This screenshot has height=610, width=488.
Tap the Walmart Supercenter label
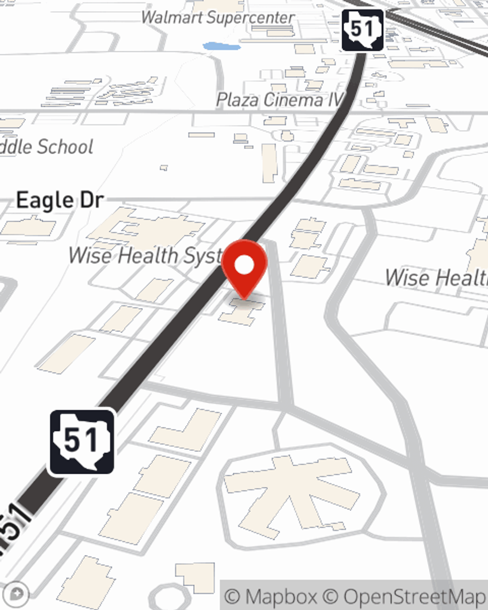tap(218, 18)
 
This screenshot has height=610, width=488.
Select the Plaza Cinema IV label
tap(279, 100)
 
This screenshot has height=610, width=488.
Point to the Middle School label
tap(47, 146)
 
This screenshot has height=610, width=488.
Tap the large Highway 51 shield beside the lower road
tap(81, 442)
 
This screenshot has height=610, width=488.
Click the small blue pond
tap(222, 47)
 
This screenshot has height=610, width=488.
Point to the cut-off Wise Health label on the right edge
tap(436, 278)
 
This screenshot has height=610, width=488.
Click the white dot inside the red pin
tap(244, 265)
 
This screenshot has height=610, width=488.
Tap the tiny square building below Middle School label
tap(164, 168)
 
